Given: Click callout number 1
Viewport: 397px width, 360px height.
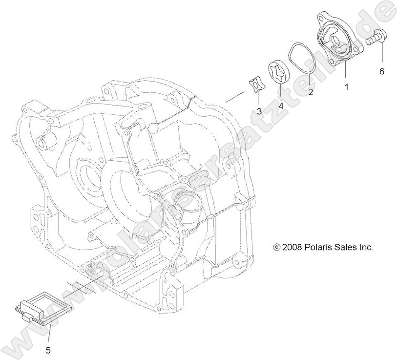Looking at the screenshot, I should tap(347, 86).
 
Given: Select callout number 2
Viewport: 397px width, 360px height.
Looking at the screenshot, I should tap(311, 92).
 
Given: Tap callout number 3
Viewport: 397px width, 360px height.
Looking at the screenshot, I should tap(259, 111).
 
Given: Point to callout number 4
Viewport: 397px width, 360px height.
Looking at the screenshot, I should tap(281, 105).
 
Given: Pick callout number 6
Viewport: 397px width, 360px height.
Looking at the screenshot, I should tap(382, 71).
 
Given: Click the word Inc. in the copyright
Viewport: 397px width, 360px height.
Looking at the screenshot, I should tap(366, 247).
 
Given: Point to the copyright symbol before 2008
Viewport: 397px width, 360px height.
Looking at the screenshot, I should tap(277, 248).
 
